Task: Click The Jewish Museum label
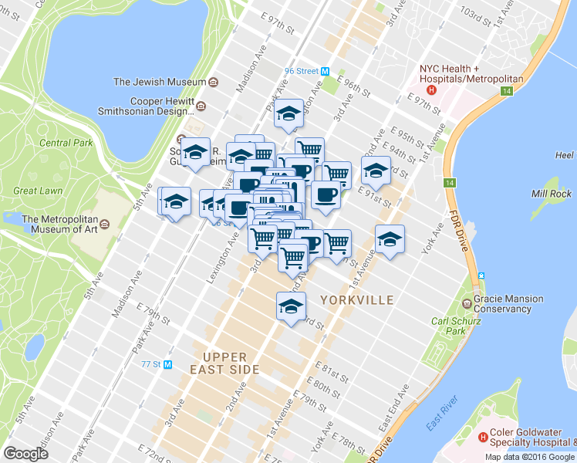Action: pyautogui.click(x=160, y=82)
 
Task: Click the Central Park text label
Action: pyautogui.click(x=66, y=143)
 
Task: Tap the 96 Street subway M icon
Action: pyautogui.click(x=326, y=71)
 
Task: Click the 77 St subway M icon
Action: pyautogui.click(x=167, y=363)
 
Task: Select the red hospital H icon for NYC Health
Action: pyautogui.click(x=431, y=90)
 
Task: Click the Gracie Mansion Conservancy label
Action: pyautogui.click(x=508, y=303)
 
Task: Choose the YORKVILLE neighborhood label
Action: pyautogui.click(x=357, y=299)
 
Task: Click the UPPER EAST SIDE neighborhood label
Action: pyautogui.click(x=224, y=363)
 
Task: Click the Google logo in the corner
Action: pyautogui.click(x=25, y=453)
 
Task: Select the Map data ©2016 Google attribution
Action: pyautogui.click(x=530, y=457)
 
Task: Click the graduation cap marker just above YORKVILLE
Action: pyautogui.click(x=291, y=306)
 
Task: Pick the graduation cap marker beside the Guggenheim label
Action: pyautogui.click(x=195, y=151)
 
